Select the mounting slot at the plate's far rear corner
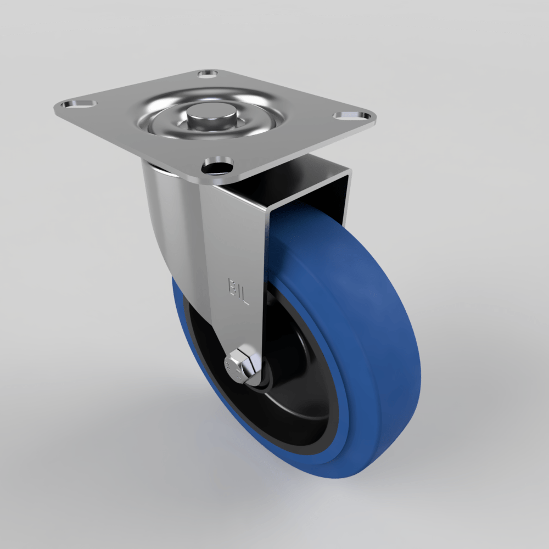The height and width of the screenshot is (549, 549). pos(207,73)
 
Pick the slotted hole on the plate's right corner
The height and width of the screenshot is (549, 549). pos(351,116)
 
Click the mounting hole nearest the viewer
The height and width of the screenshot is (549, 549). pos(218,165)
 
